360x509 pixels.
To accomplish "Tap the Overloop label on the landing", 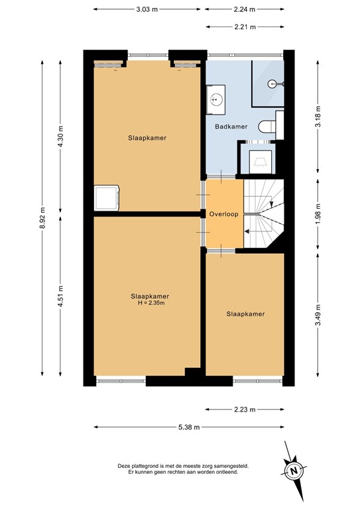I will (x=223, y=215).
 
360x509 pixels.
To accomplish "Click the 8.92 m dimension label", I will (x=43, y=216).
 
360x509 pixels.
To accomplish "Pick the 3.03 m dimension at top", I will (x=147, y=9).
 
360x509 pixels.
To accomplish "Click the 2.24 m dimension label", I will (x=245, y=9).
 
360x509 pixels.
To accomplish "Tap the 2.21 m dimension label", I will (x=245, y=27).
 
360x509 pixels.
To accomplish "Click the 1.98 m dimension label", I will (x=318, y=214).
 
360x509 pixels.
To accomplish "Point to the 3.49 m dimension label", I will (x=318, y=313).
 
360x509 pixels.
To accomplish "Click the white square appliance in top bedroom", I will (x=106, y=197).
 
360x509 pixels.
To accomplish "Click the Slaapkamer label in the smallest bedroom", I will (x=245, y=314).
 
